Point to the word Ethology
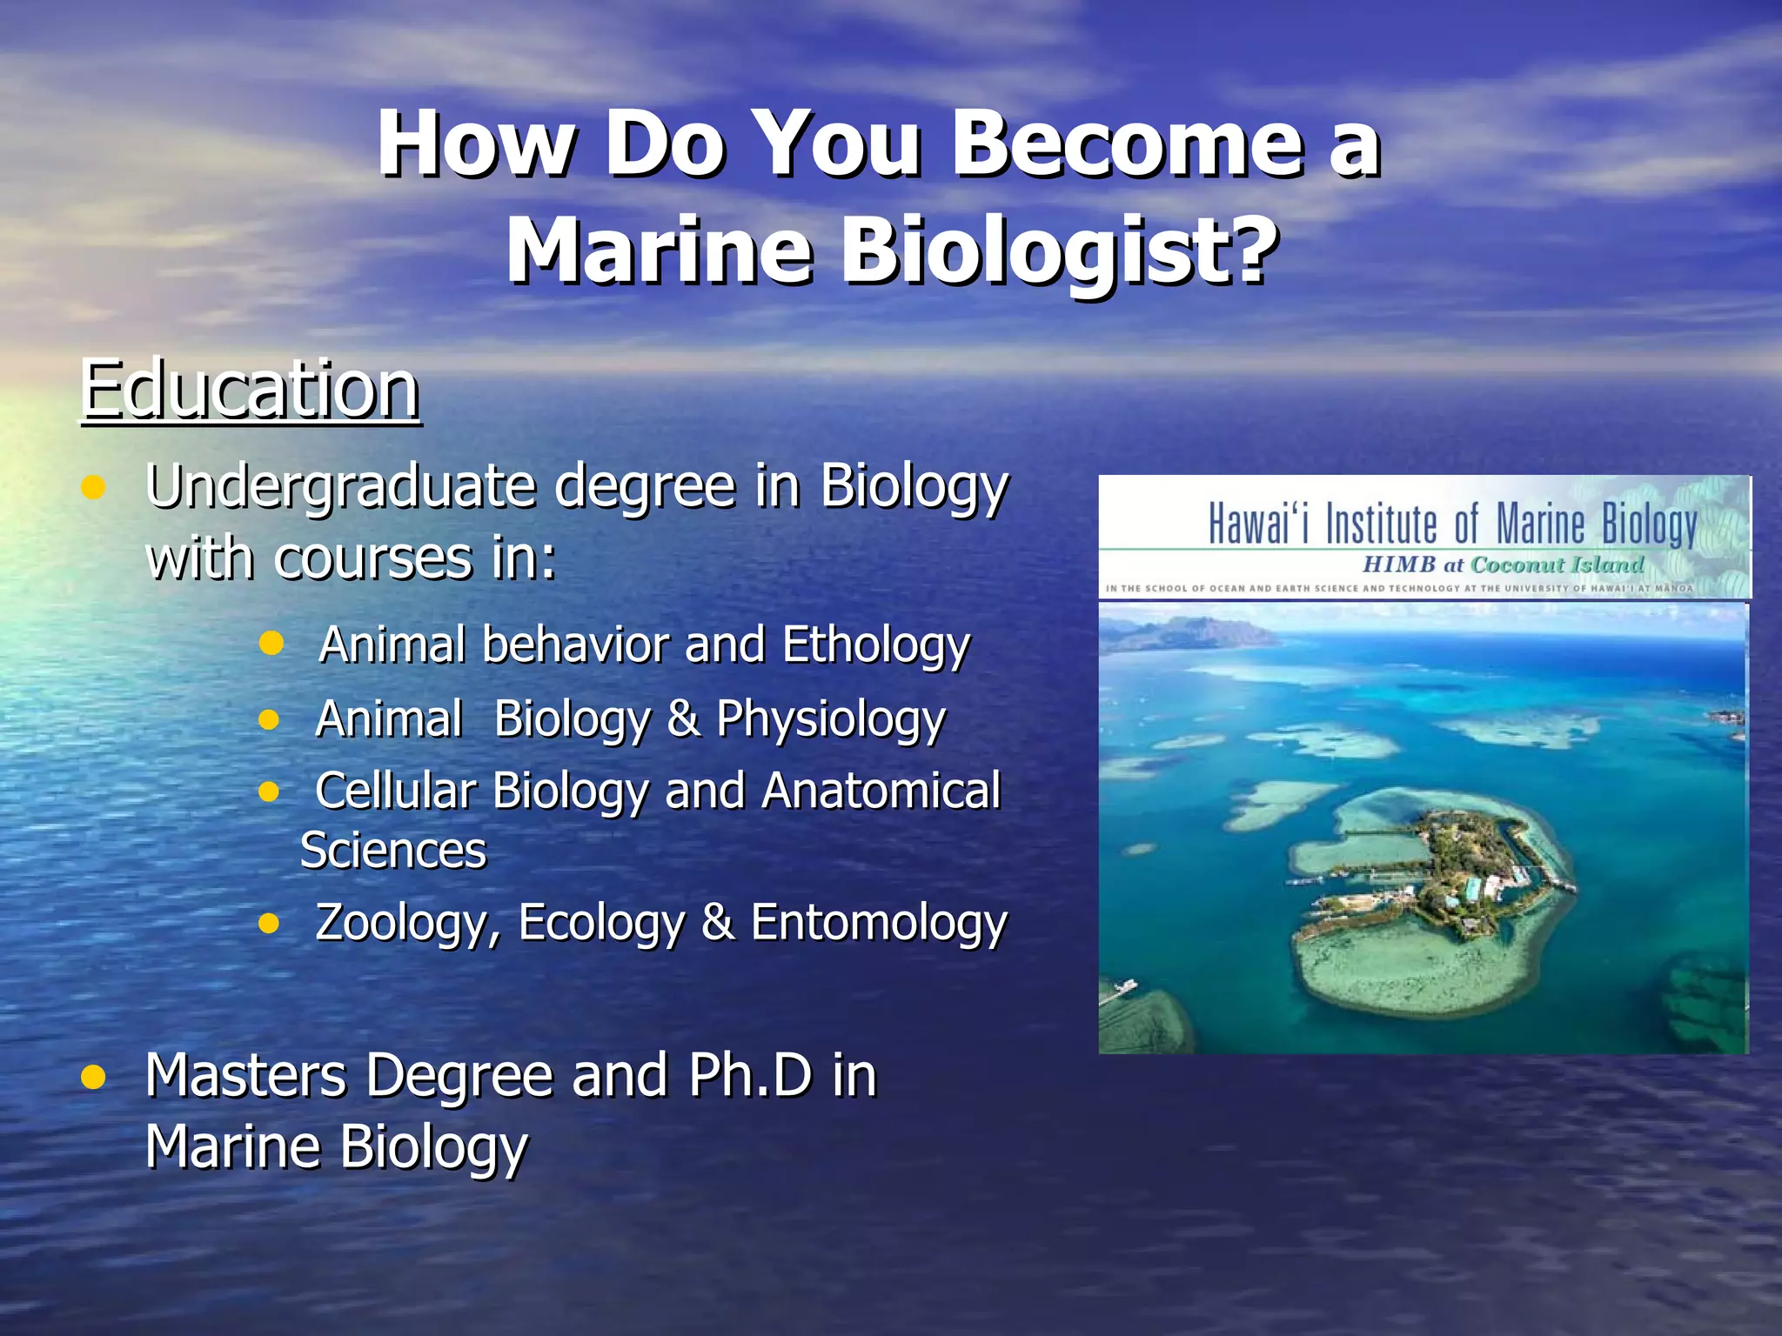point(875,646)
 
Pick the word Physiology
point(831,720)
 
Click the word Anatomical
point(881,792)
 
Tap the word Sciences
point(393,851)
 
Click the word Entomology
point(879,924)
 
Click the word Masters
point(246,1076)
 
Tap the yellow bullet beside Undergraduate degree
point(93,487)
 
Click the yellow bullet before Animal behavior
point(271,644)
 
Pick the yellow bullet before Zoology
point(270,923)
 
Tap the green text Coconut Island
point(1557,565)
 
